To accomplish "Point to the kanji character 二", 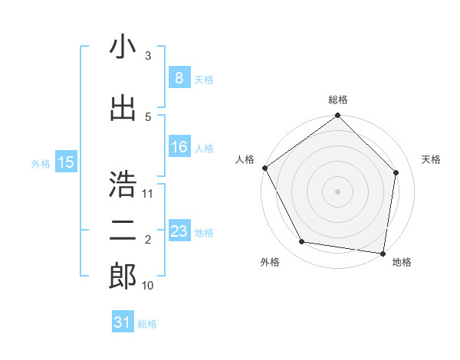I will pos(122,231).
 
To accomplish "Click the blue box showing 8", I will pos(179,78).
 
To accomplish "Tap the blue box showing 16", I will pos(179,147).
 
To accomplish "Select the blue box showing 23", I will pos(179,231).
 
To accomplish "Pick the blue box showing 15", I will pos(66,162).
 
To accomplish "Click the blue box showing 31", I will pos(123,322).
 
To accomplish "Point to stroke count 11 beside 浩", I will pos(148,193).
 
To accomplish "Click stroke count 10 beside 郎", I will pos(148,286).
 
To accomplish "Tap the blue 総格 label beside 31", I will pos(147,324).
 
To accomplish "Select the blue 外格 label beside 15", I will pos(41,163).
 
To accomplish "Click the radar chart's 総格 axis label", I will pos(338,100).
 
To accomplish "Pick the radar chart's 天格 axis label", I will pos(432,159).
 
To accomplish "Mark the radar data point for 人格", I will pos(265,168).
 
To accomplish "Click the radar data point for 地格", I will pos(383,253).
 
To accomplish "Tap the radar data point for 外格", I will pos(302,242).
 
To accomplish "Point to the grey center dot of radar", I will pos(338,191).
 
